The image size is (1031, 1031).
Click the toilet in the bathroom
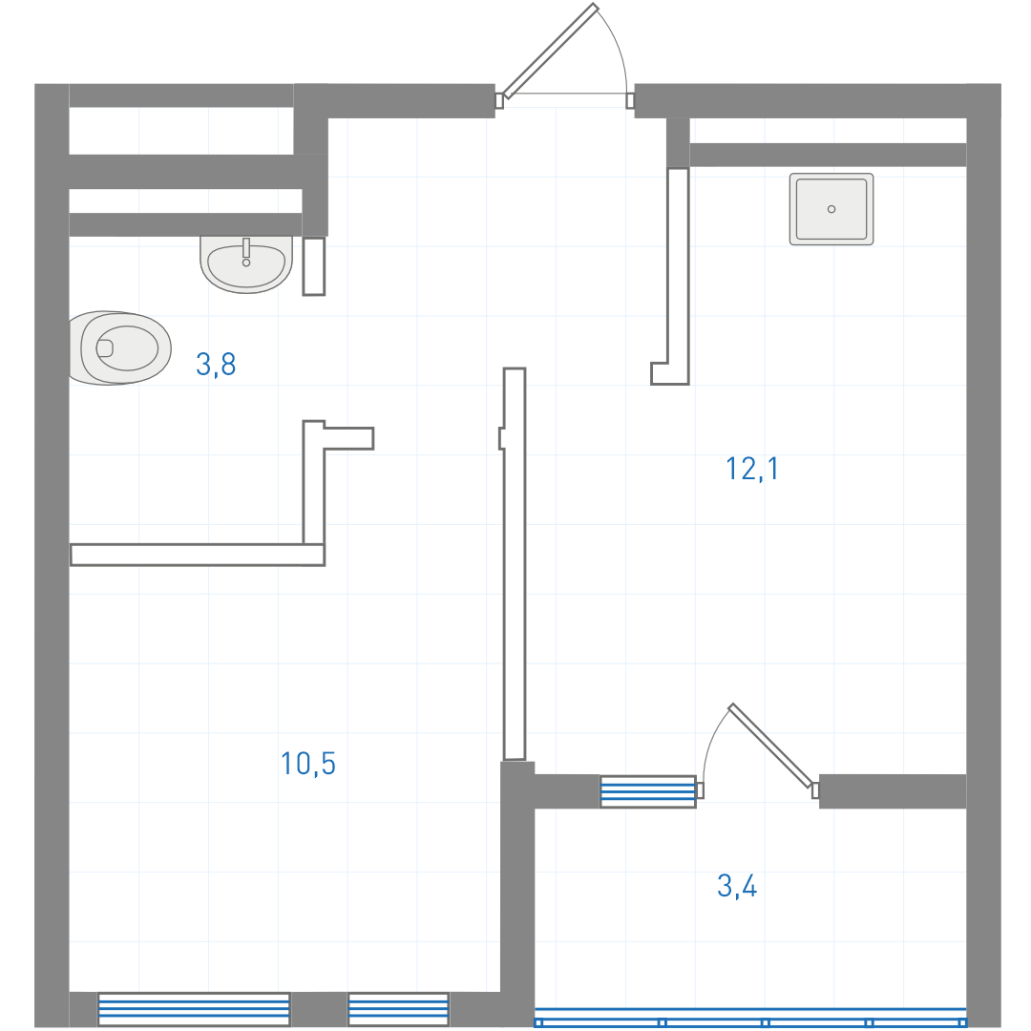[x=120, y=347]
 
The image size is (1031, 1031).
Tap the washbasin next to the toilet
[x=246, y=265]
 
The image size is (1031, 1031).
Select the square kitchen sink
[x=831, y=209]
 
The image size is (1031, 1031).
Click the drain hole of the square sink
[x=831, y=209]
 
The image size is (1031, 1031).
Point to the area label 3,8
[x=216, y=365]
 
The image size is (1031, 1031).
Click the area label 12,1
[x=752, y=469]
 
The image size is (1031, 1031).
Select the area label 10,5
[x=307, y=764]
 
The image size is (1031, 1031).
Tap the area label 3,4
[x=737, y=886]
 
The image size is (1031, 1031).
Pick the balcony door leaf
[x=770, y=746]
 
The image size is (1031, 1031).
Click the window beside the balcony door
[x=647, y=791]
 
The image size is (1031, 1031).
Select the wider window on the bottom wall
[x=193, y=1009]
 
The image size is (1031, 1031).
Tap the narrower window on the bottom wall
[x=398, y=1009]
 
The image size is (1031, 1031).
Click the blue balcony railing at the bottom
[x=750, y=1018]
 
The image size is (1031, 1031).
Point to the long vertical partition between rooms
[x=515, y=563]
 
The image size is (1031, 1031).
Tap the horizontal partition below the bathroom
[x=198, y=555]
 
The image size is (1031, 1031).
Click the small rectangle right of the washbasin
[x=314, y=266]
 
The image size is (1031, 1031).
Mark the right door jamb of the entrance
[x=630, y=100]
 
